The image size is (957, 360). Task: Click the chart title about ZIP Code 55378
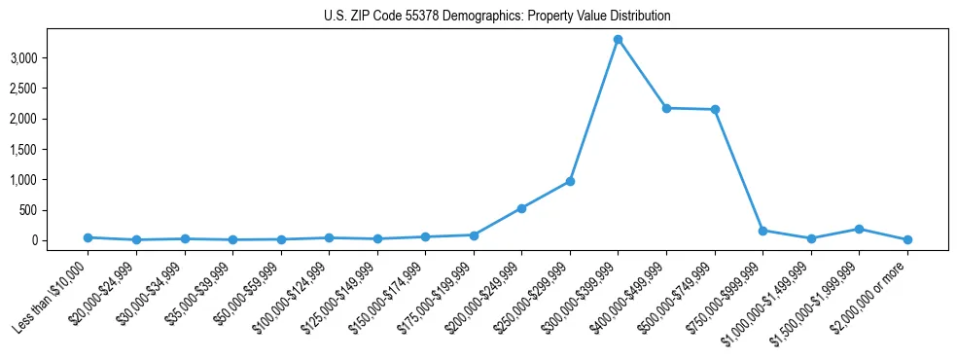pyautogui.click(x=497, y=17)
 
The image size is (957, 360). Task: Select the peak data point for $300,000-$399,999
pyautogui.click(x=618, y=39)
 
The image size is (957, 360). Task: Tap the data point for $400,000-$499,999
pyautogui.click(x=666, y=108)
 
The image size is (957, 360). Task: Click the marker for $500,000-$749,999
pyautogui.click(x=715, y=109)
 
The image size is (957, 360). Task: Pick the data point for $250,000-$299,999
pyautogui.click(x=570, y=181)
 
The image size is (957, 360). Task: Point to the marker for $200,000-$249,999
pyautogui.click(x=521, y=208)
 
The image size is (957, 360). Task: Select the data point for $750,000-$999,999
pyautogui.click(x=762, y=231)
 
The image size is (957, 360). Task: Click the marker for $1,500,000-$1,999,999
pyautogui.click(x=859, y=229)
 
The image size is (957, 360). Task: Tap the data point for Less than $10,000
pyautogui.click(x=88, y=237)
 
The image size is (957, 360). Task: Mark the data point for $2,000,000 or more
pyautogui.click(x=907, y=239)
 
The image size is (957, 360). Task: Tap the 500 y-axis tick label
pyautogui.click(x=55, y=210)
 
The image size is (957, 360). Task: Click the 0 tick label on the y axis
pyautogui.click(x=61, y=240)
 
